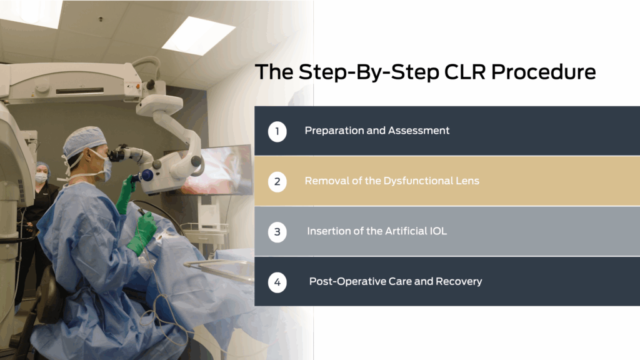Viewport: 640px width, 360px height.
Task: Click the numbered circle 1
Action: pyautogui.click(x=277, y=131)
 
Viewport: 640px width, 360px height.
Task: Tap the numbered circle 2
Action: pyautogui.click(x=277, y=182)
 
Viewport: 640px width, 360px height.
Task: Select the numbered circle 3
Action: pyautogui.click(x=277, y=232)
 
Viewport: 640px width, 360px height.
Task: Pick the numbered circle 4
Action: pyautogui.click(x=277, y=282)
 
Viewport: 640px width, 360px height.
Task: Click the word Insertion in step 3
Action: pyautogui.click(x=327, y=231)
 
